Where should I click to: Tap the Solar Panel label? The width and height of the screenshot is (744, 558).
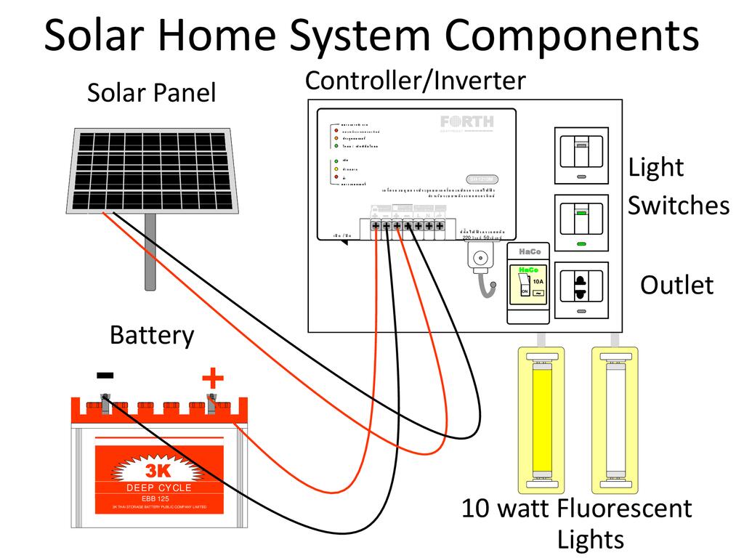pyautogui.click(x=151, y=93)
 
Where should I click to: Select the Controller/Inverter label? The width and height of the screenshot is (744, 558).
pyautogui.click(x=415, y=80)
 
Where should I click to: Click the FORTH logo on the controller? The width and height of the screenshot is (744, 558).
pyautogui.click(x=466, y=121)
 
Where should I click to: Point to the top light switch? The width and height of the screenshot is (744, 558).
pyautogui.click(x=581, y=155)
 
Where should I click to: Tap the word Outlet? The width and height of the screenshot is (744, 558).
pyautogui.click(x=676, y=285)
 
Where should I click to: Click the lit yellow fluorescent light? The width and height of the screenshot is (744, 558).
pyautogui.click(x=541, y=419)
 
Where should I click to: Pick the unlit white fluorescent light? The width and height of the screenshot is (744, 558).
pyautogui.click(x=615, y=419)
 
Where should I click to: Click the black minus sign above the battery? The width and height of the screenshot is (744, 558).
pyautogui.click(x=105, y=375)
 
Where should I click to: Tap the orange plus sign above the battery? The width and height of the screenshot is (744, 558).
pyautogui.click(x=212, y=379)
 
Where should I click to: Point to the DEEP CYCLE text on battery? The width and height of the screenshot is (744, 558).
pyautogui.click(x=158, y=488)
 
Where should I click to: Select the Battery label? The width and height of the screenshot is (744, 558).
pyautogui.click(x=152, y=336)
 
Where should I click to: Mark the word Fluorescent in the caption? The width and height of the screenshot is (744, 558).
pyautogui.click(x=624, y=508)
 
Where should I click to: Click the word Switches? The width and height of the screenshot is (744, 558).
pyautogui.click(x=678, y=206)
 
